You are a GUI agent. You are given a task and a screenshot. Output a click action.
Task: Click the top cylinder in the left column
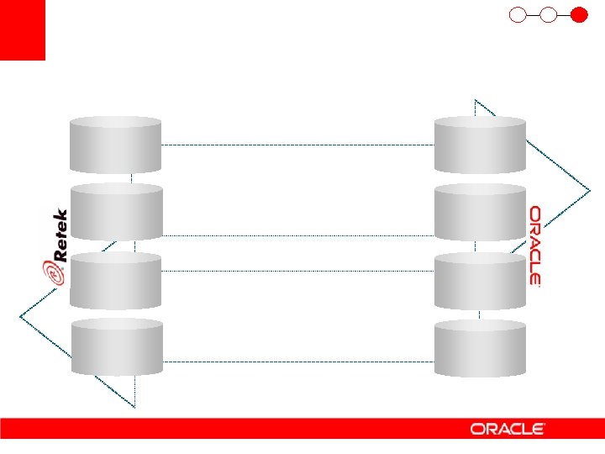pyautogui.click(x=116, y=145)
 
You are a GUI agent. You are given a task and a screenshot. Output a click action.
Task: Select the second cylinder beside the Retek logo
pyautogui.click(x=116, y=213)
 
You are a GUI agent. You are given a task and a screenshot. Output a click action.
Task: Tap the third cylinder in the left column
pyautogui.click(x=116, y=281)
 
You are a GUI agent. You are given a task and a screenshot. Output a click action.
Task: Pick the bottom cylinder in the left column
pyautogui.click(x=116, y=347)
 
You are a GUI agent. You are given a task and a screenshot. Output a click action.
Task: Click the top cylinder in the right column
pyautogui.click(x=480, y=145)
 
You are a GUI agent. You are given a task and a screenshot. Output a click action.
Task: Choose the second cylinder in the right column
pyautogui.click(x=480, y=213)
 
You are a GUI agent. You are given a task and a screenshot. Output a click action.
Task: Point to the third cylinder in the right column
pyautogui.click(x=480, y=281)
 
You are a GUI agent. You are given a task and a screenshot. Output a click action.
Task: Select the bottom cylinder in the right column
pyautogui.click(x=480, y=347)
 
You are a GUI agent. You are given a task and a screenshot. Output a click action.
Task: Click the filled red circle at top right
pyautogui.click(x=578, y=14)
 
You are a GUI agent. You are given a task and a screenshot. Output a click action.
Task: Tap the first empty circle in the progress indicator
pyautogui.click(x=518, y=14)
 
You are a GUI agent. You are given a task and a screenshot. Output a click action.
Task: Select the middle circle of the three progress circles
pyautogui.click(x=549, y=14)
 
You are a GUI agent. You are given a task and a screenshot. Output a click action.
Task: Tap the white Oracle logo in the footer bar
pyautogui.click(x=508, y=429)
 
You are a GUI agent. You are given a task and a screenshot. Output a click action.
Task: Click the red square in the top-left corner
pyautogui.click(x=22, y=29)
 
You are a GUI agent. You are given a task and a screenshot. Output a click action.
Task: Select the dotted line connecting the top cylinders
pyautogui.click(x=297, y=145)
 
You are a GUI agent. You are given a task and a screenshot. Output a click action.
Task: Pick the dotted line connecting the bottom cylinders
pyautogui.click(x=297, y=362)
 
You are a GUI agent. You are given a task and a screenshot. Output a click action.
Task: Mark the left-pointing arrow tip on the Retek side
pyautogui.click(x=22, y=317)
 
